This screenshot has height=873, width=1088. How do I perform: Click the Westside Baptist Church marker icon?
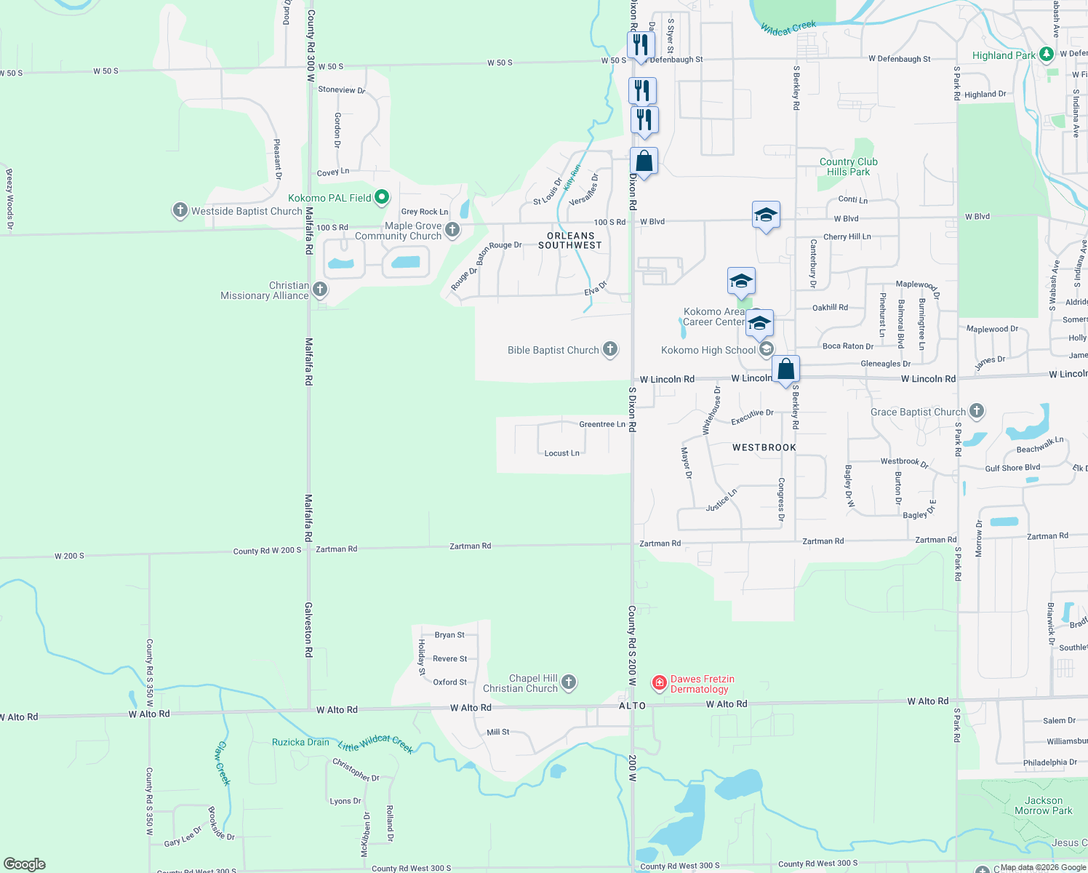[x=180, y=211]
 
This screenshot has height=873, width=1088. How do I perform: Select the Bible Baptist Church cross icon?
[x=610, y=350]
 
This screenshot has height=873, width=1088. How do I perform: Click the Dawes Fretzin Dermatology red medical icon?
[x=660, y=682]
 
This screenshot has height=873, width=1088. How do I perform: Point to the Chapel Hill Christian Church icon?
[x=569, y=682]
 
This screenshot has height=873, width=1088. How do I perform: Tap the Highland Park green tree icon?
[x=1046, y=54]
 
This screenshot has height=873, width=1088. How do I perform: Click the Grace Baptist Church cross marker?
[x=977, y=411]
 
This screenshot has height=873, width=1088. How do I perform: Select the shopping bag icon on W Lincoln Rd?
[x=786, y=370]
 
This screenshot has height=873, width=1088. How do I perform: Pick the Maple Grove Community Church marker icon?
[x=452, y=230]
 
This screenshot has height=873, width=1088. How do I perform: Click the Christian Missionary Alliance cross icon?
[x=319, y=290]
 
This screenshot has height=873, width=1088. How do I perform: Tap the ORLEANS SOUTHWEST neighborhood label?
[x=570, y=241]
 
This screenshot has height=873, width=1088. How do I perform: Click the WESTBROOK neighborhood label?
[x=764, y=447]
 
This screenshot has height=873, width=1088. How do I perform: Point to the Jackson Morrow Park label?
[x=1043, y=805]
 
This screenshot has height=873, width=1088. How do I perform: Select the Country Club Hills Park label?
[x=848, y=167]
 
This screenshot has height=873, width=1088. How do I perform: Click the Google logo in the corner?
[x=25, y=864]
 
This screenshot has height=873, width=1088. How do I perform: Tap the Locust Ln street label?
[x=561, y=453]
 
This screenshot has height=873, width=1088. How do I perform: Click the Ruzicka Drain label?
[x=300, y=742]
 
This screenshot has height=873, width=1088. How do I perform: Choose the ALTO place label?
[x=632, y=706]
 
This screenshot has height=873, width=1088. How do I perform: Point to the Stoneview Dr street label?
[x=341, y=90]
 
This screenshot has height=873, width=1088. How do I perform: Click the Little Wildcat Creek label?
[x=376, y=743]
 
